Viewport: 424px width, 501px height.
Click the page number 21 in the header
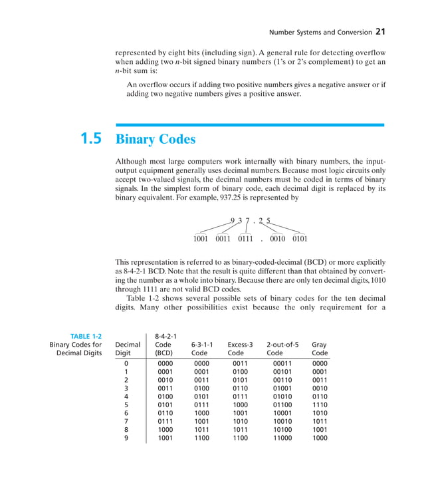click(x=380, y=31)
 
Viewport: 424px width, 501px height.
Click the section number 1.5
click(x=91, y=139)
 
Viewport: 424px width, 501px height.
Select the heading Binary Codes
click(x=156, y=140)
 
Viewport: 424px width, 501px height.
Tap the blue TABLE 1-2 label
click(x=86, y=336)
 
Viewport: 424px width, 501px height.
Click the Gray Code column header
click(x=319, y=349)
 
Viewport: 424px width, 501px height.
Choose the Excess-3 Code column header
click(x=240, y=349)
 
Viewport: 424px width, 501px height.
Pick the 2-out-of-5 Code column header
click(x=282, y=349)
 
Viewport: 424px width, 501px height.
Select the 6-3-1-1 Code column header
click(x=201, y=349)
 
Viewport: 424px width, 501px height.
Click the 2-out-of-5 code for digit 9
click(x=282, y=438)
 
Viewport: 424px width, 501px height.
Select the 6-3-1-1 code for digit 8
click(x=201, y=429)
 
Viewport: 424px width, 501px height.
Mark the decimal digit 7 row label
click(x=126, y=420)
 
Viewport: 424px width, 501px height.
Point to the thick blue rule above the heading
click(x=249, y=124)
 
